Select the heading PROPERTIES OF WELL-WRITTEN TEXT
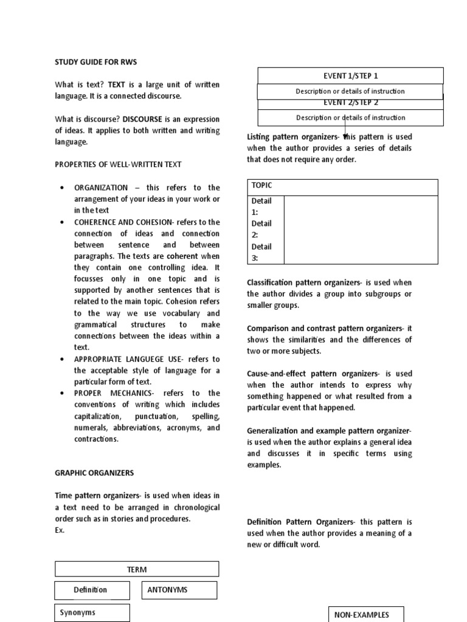118,165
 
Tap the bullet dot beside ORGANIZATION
63,188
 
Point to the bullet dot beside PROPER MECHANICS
63,394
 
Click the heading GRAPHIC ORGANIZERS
94,473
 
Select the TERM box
137,569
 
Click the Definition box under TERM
91,590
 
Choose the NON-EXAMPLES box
365,614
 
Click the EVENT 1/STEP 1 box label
350,76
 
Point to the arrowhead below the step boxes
346,136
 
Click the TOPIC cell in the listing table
343,187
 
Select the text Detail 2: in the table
261,229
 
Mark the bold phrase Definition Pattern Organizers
300,522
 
